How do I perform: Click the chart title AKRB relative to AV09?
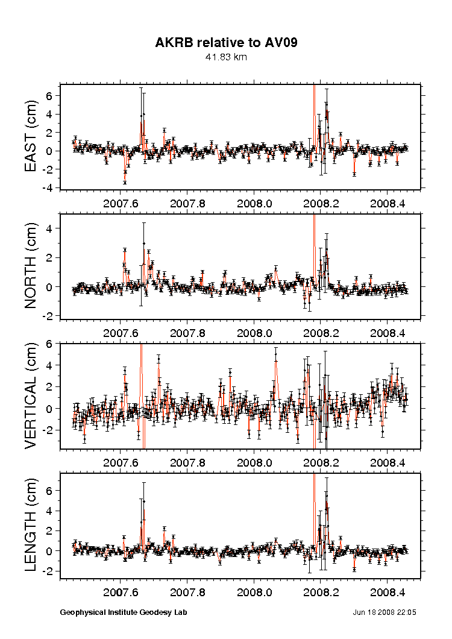226,43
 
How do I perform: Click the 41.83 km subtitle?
226,57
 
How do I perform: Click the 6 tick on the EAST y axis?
51,96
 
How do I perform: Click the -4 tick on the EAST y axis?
49,188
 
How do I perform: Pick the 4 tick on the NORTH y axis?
51,228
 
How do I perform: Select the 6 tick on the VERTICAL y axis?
51,343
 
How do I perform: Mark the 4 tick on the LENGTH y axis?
51,511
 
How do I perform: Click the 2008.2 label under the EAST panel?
321,203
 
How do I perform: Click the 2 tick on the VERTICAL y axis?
51,386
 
